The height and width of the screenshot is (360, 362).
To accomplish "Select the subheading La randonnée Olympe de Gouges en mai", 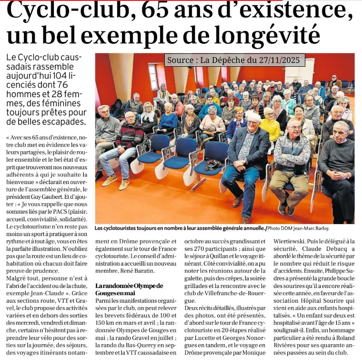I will pos(129,289).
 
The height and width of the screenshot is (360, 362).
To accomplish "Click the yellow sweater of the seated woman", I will pos(271,129).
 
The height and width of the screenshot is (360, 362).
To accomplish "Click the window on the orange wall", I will pos(154,77).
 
